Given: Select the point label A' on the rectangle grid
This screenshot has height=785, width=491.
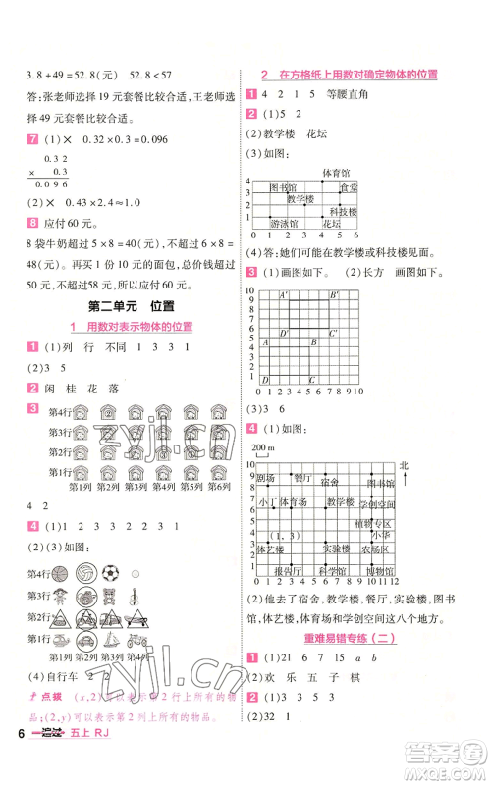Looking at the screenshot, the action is click(x=285, y=295).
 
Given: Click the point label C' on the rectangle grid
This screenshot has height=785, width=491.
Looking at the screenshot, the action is click(x=333, y=334).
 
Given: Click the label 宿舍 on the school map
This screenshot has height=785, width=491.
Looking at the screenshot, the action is click(x=329, y=481).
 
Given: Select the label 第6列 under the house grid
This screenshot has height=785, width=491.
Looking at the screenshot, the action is click(x=217, y=485).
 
